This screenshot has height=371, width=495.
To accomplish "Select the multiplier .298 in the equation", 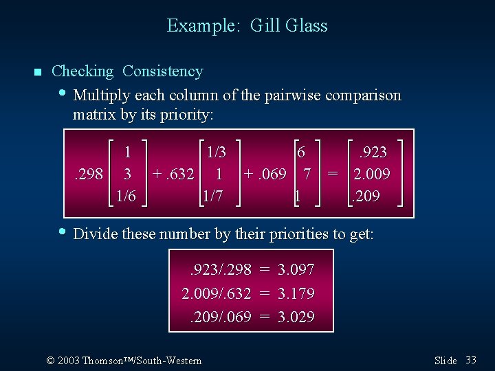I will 88,174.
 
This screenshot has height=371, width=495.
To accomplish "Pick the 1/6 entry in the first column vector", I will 126,196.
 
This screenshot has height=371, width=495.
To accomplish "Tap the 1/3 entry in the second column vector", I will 211,152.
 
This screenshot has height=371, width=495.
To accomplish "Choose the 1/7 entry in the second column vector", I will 211,196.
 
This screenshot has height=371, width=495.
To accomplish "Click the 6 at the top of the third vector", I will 301,152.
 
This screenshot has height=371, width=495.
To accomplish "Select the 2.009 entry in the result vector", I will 371,174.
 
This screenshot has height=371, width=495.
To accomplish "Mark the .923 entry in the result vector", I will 371,152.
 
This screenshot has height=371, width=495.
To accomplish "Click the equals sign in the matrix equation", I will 333,174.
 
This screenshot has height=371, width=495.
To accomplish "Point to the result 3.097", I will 296,270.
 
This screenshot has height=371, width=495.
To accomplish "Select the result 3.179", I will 296,293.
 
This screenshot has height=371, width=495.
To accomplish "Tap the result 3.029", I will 296,317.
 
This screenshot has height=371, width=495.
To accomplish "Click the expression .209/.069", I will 220,317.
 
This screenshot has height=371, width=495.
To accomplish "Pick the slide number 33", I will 471,360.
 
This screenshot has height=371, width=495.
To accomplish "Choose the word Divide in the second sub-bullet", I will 96,234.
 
